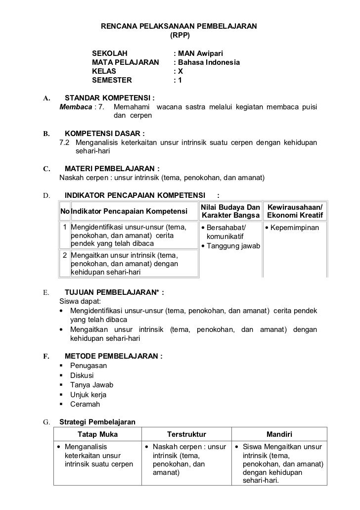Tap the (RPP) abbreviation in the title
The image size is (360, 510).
click(x=179, y=36)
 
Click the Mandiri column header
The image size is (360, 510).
click(x=279, y=435)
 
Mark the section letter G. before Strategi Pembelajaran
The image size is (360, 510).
click(x=46, y=422)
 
